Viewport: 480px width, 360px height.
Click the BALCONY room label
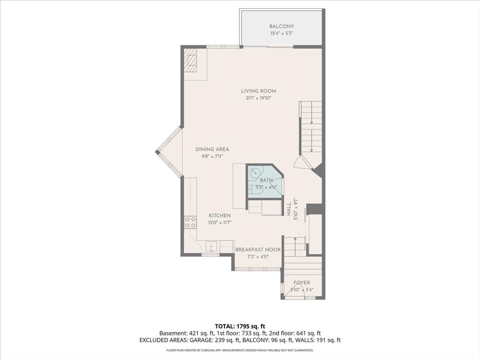tap(281, 26)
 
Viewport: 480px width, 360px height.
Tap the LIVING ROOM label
tap(259, 91)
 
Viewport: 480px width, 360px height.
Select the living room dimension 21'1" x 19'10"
tap(256, 98)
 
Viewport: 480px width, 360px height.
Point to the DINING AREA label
tap(212, 150)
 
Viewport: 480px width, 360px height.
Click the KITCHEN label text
tap(220, 216)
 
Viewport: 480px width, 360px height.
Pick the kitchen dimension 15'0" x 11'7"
tap(219, 223)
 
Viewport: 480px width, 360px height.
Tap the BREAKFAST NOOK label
tap(258, 250)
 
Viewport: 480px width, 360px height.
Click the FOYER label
tap(301, 283)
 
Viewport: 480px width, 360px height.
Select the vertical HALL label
tap(289, 210)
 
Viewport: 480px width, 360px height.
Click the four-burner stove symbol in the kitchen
tap(190, 222)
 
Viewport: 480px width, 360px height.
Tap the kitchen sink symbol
tap(211, 247)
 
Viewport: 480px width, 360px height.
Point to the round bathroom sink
tap(255, 173)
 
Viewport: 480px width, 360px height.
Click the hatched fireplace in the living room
tap(190, 64)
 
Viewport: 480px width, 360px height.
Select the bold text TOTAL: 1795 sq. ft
tap(240, 326)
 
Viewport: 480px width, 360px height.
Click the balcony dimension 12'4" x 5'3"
tap(281, 34)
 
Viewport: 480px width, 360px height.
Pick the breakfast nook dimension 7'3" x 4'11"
tap(258, 257)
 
